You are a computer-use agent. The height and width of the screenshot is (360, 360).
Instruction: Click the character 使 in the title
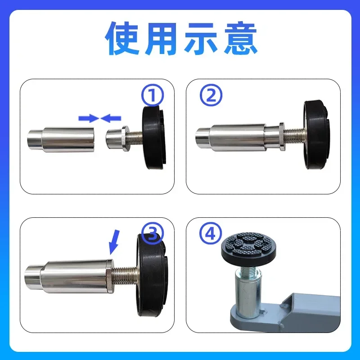pyautogui.click(x=124, y=40)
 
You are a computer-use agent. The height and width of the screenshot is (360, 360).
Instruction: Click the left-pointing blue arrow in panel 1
pyautogui.click(x=111, y=118)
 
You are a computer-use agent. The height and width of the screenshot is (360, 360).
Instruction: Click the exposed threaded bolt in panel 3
pyautogui.click(x=126, y=273)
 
